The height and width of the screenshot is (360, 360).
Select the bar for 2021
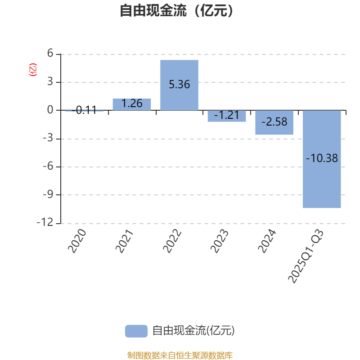tap(132, 104)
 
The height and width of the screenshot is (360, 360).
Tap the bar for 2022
tap(179, 85)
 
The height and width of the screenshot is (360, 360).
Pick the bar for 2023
tap(227, 116)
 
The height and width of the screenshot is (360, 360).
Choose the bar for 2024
tap(274, 122)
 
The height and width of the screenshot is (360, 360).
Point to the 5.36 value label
tap(179, 84)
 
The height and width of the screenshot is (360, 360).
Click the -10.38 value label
tap(322, 158)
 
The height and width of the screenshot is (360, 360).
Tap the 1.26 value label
tap(132, 103)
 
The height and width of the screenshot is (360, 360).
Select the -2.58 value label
tap(274, 121)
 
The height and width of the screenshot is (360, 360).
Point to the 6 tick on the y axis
tap(50, 54)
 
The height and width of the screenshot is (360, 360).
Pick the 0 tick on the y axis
tap(50, 110)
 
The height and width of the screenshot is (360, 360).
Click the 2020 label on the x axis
tap(76, 241)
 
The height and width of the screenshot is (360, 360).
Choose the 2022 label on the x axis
tap(172, 241)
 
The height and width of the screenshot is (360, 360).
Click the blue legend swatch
tap(136, 331)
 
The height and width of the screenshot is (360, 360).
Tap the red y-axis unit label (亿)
tap(32, 70)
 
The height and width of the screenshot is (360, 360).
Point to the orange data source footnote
tap(180, 355)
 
